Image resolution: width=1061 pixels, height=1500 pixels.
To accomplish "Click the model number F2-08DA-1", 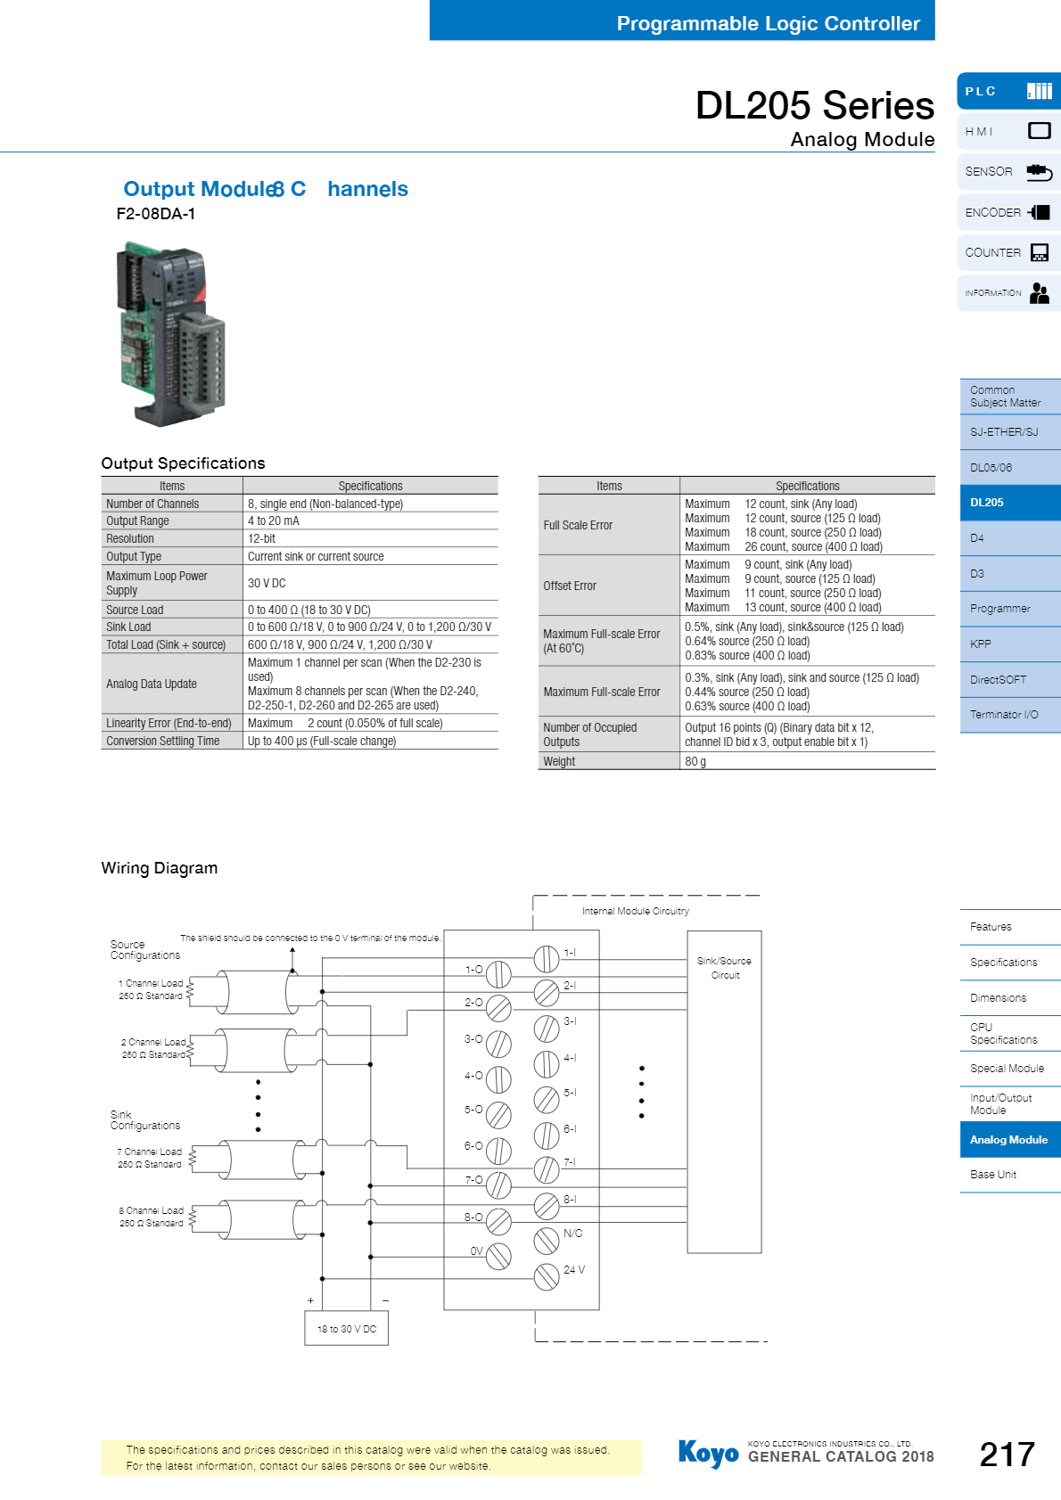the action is [155, 214].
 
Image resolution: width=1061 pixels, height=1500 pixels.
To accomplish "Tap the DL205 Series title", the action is [815, 105].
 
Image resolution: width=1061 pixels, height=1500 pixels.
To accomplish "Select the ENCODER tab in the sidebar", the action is [1008, 212].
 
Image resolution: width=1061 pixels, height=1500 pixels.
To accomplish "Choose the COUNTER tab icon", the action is [1040, 252].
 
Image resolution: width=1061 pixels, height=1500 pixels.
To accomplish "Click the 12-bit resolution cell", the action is [262, 538].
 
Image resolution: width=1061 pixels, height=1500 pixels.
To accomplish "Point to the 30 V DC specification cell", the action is [267, 583].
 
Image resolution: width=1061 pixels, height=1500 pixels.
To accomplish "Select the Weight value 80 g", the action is [695, 761].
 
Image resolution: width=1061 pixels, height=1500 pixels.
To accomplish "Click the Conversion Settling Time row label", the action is [163, 741].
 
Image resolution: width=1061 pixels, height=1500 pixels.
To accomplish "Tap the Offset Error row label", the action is [570, 586].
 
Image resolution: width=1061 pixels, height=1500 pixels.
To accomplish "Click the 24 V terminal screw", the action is [547, 1277].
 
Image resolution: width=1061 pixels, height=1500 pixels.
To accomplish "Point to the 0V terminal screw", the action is [498, 1257].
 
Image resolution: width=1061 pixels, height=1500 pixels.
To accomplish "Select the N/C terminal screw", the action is [547, 1241].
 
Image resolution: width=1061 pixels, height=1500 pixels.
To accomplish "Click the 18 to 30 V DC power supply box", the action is [346, 1328].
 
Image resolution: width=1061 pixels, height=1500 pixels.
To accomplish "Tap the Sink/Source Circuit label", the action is [724, 968].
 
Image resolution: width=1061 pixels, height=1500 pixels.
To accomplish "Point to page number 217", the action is [1007, 1455].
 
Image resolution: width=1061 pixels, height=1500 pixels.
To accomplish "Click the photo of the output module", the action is [171, 333].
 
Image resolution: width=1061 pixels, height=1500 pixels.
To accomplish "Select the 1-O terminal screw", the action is [498, 974].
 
